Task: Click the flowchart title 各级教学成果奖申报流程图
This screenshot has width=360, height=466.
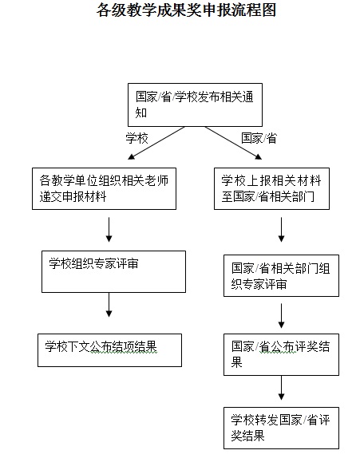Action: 186,10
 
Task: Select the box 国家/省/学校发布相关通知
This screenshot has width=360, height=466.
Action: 195,105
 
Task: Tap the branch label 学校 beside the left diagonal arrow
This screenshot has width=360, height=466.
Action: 136,138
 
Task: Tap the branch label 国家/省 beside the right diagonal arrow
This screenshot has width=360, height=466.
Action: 259,138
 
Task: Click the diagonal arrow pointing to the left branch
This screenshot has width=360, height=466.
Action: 156,143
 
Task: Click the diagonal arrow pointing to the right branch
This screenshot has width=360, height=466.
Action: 233,143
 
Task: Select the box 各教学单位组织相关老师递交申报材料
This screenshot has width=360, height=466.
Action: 104,189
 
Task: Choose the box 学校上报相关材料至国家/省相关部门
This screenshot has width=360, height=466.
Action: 271,189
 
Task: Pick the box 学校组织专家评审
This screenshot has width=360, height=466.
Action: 113,271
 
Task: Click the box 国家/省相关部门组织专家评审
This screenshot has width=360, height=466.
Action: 281,275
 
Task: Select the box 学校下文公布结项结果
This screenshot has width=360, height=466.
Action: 109,350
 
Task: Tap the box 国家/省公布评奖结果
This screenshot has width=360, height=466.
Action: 281,354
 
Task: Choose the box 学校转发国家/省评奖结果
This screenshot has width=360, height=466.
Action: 281,428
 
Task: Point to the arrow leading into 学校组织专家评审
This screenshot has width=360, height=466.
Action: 109,230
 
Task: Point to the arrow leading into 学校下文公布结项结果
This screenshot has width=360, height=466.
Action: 109,305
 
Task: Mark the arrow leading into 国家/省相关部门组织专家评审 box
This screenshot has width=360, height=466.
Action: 281,230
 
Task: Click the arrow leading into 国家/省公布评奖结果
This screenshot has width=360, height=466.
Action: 281,316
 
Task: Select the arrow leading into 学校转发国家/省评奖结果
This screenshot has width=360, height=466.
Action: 281,388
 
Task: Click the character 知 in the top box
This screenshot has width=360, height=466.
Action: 141,113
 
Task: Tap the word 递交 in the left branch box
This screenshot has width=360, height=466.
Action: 50,196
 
